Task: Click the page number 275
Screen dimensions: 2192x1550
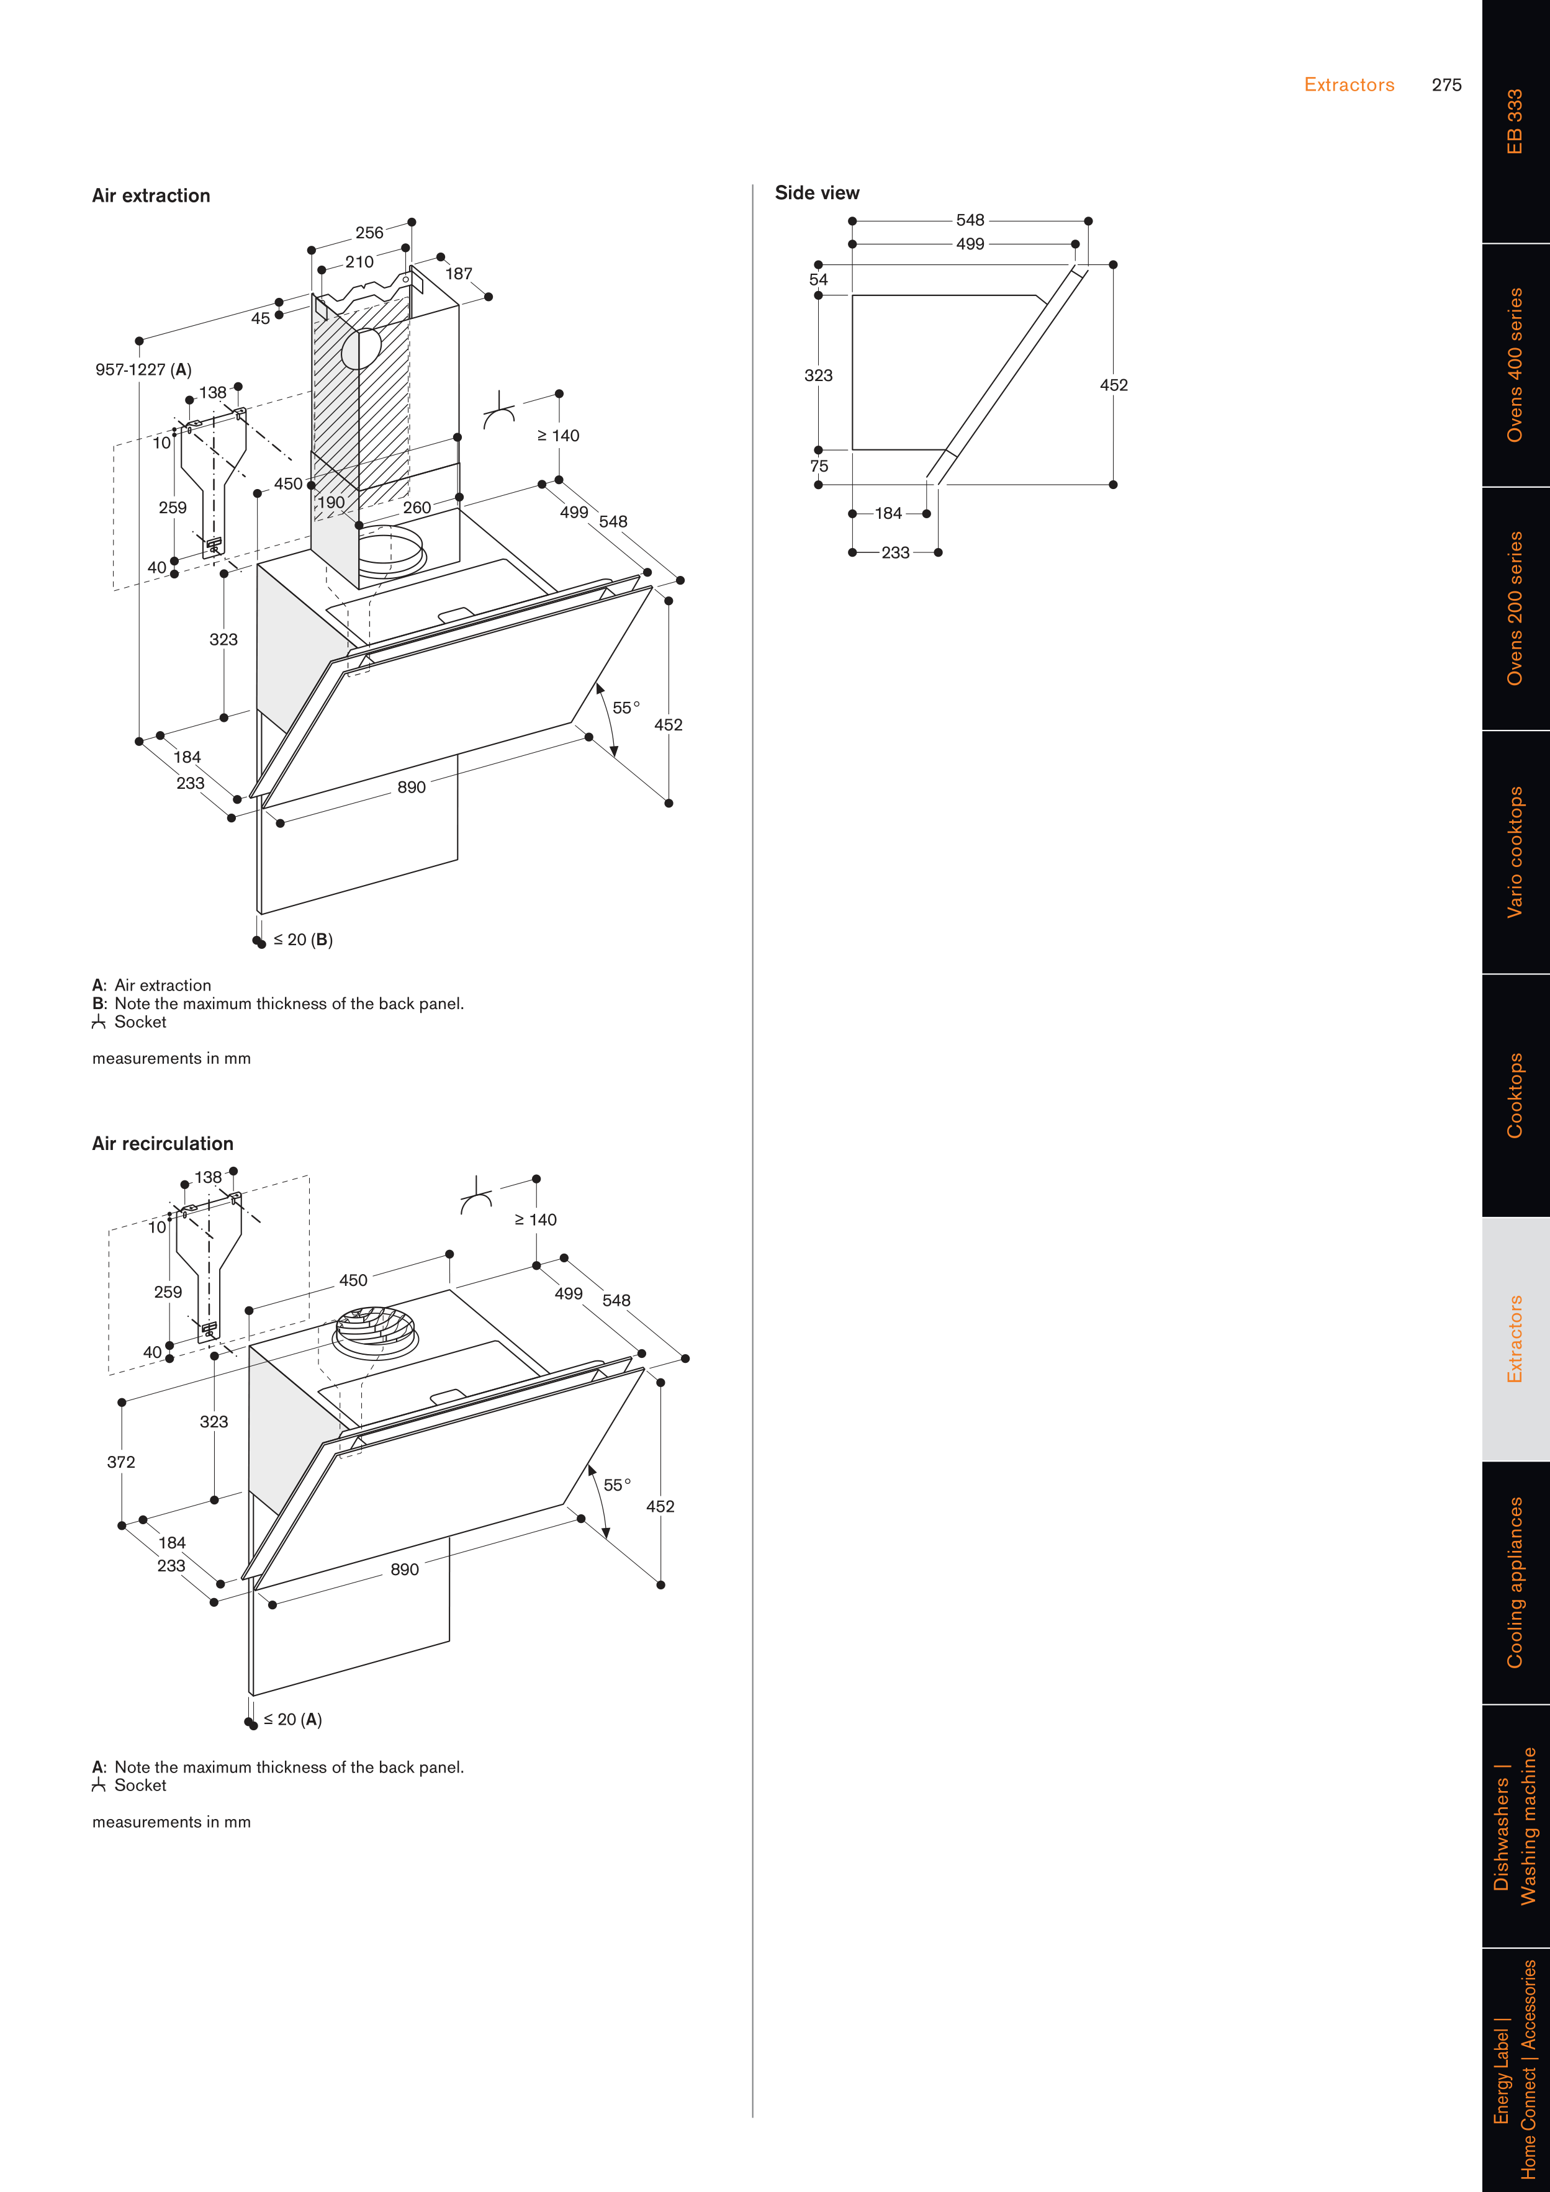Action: click(x=1446, y=85)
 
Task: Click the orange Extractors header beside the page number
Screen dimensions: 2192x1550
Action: click(x=1348, y=85)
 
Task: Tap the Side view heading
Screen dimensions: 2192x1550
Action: click(x=816, y=193)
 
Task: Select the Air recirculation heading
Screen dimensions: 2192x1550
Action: click(x=163, y=1144)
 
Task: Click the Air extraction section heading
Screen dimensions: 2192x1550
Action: click(x=151, y=195)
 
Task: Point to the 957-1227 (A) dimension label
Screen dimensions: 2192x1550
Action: click(x=143, y=369)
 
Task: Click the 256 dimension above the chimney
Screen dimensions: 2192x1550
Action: click(x=369, y=233)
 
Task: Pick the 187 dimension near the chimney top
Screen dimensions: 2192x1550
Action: click(x=458, y=274)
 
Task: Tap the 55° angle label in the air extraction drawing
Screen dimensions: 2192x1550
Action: click(x=626, y=707)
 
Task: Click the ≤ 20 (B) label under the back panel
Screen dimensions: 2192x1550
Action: click(x=303, y=940)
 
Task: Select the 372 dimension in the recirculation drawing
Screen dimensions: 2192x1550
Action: click(x=121, y=1462)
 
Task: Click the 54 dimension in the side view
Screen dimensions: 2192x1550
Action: click(x=819, y=280)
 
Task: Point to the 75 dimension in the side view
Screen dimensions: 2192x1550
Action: click(x=819, y=466)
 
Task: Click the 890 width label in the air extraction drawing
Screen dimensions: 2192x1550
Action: click(x=412, y=788)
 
